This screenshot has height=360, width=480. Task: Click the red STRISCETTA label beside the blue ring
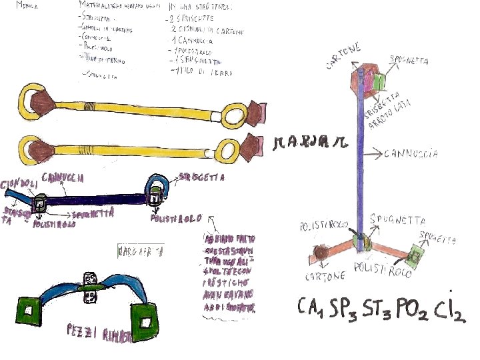click(x=200, y=178)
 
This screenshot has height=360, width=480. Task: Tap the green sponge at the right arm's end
click(x=418, y=255)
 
